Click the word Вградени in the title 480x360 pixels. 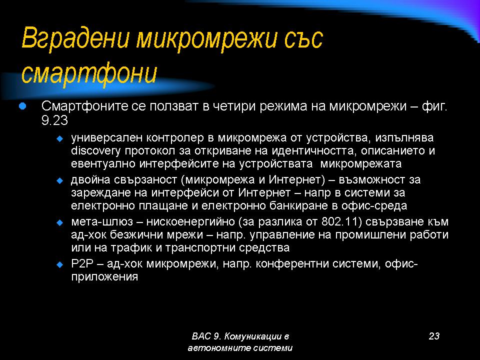tap(75, 38)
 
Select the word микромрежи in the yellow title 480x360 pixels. tap(206, 38)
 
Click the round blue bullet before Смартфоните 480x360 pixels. tap(22, 106)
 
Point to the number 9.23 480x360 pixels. tap(54, 120)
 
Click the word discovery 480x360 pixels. tap(96, 151)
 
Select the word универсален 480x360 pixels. tap(107, 138)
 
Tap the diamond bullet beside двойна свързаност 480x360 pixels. tap(60, 180)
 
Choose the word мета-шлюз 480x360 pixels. tap(102, 221)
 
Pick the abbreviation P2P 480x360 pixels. tap(81, 263)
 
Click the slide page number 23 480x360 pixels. tap(434, 336)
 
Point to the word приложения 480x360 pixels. tap(104, 277)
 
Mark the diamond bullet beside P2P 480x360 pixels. tap(60, 264)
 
